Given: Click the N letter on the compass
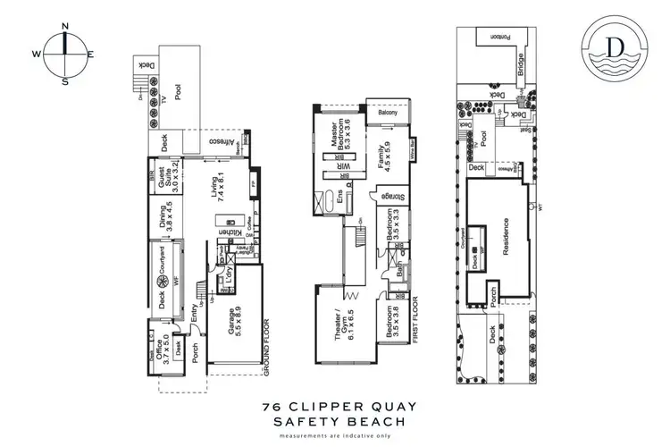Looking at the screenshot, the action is click(66, 26).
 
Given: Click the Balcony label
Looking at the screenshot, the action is click(387, 113).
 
